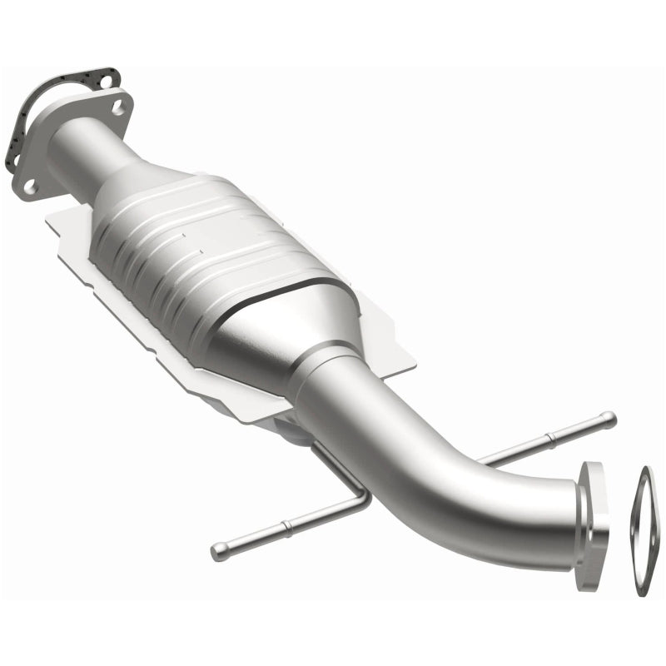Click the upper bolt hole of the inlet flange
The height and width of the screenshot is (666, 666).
coord(117,107)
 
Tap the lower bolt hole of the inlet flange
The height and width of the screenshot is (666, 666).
coord(30,186)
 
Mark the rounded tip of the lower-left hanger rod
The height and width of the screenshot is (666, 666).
coord(219,550)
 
